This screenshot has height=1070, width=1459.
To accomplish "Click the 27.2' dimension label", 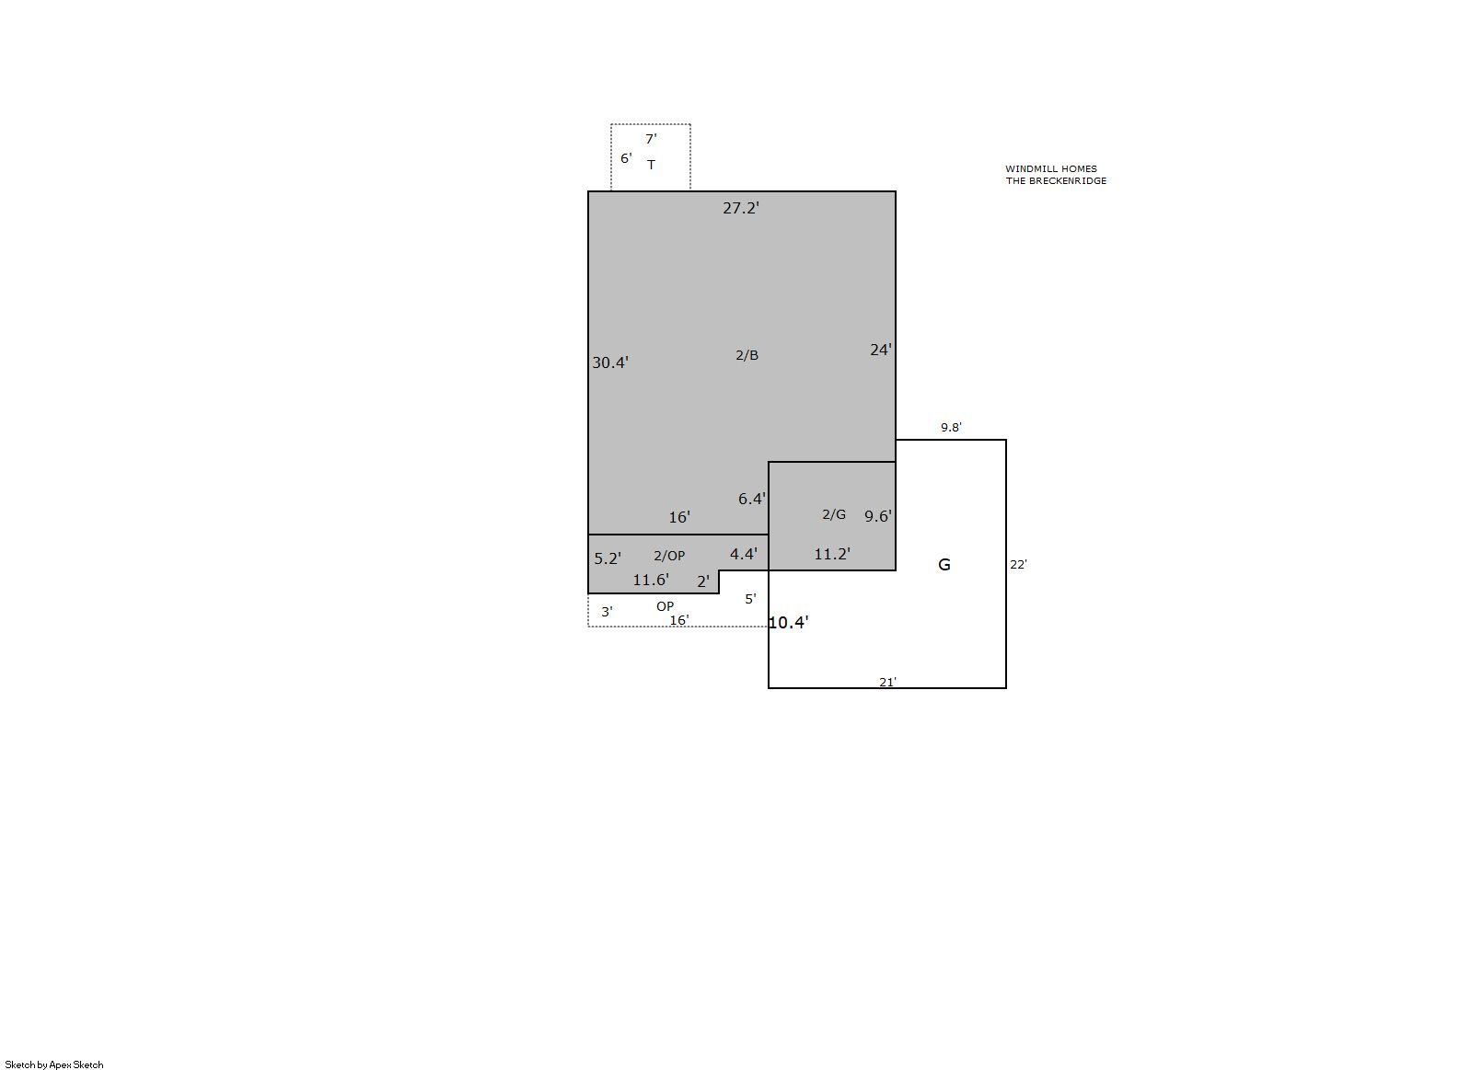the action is coord(741,208).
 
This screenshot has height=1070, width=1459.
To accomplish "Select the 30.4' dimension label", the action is coord(609,362).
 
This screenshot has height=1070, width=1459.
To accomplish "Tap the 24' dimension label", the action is coord(881,350).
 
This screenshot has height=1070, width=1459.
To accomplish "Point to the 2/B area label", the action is coord(747,355).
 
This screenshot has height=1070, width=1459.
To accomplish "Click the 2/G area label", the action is coord(834,514).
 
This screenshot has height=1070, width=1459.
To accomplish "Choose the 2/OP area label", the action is coord(669,555).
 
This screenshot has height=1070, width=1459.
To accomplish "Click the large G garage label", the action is coord(944,564).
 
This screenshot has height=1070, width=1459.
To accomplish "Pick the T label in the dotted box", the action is coord(651,165).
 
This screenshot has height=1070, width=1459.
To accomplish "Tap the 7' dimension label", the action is coord(651,139).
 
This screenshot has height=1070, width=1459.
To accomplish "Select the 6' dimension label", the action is coord(626,158).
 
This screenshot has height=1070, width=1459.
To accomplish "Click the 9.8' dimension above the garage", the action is coord(951,428).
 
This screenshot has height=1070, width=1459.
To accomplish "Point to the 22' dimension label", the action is coord(1018,564).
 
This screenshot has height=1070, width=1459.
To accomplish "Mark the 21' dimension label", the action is coord(887,682).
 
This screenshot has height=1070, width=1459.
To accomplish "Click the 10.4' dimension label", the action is coord(789,622).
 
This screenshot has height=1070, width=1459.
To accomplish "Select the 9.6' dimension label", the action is coord(877,516).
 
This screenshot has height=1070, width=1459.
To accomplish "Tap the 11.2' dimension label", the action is coord(832,554).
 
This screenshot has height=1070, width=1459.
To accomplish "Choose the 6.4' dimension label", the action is coord(752,499).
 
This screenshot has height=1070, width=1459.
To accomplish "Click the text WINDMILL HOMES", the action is coord(1050,168).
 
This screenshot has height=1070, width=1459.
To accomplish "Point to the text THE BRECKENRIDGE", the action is coord(1056,181).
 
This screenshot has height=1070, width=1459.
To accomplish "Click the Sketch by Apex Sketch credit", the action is coord(54,1064).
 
